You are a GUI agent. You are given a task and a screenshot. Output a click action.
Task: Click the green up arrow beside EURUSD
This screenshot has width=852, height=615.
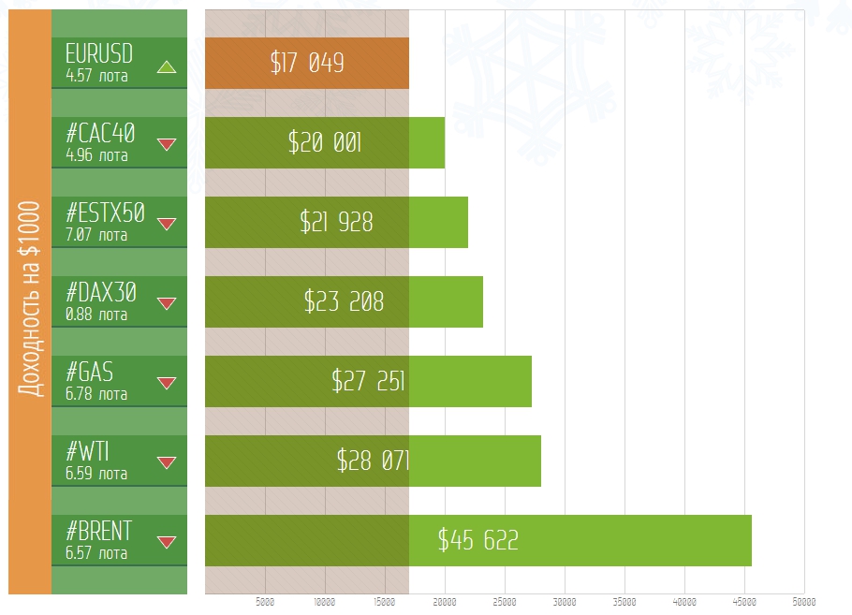(x=167, y=66)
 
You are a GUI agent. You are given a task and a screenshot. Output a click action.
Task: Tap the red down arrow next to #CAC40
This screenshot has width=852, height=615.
(x=167, y=144)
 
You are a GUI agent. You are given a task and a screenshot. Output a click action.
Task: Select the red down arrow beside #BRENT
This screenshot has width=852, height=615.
(x=167, y=542)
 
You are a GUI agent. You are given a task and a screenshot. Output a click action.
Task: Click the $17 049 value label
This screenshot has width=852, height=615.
(x=307, y=63)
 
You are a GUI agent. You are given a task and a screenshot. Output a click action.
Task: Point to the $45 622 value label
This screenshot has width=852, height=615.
(x=477, y=540)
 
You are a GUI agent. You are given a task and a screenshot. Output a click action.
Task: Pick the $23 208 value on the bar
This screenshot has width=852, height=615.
(x=344, y=301)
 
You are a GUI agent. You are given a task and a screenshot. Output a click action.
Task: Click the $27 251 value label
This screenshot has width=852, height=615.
(x=368, y=381)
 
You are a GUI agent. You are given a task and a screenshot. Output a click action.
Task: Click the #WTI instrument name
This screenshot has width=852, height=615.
(x=87, y=452)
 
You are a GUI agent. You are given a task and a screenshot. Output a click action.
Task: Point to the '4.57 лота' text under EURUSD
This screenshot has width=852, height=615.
(x=96, y=76)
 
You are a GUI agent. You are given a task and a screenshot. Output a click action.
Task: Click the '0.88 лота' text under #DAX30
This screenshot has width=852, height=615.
(x=96, y=315)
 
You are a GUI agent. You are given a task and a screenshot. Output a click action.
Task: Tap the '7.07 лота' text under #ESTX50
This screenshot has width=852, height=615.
(x=96, y=235)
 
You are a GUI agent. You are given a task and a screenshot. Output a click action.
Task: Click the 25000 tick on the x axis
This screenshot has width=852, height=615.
(x=505, y=602)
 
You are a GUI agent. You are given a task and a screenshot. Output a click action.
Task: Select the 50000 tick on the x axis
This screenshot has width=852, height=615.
(x=803, y=602)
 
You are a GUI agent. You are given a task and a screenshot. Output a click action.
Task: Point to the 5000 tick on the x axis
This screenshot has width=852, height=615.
(x=265, y=602)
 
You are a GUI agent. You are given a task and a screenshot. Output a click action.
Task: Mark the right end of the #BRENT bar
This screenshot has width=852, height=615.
(x=751, y=540)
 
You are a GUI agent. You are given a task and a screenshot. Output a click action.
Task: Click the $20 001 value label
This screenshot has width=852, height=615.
(x=325, y=142)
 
